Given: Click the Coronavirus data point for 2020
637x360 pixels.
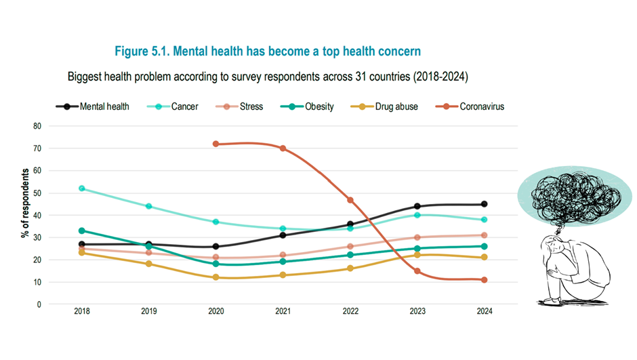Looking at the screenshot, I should (x=215, y=144).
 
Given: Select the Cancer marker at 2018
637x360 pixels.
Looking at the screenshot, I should (x=82, y=188).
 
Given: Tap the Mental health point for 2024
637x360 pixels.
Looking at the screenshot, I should (x=484, y=204).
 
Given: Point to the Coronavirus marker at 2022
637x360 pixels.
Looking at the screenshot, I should (x=350, y=200).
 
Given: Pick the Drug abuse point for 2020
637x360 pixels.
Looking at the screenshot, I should (x=215, y=277).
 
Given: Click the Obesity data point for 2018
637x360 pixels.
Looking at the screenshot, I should (x=82, y=231).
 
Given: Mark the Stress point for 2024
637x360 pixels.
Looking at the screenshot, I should (x=484, y=235).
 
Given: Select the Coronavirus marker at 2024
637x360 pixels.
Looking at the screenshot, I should (x=484, y=280).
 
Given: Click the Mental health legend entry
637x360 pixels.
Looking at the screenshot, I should (x=92, y=106).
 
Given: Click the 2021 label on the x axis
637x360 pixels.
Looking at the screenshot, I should (x=283, y=312).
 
